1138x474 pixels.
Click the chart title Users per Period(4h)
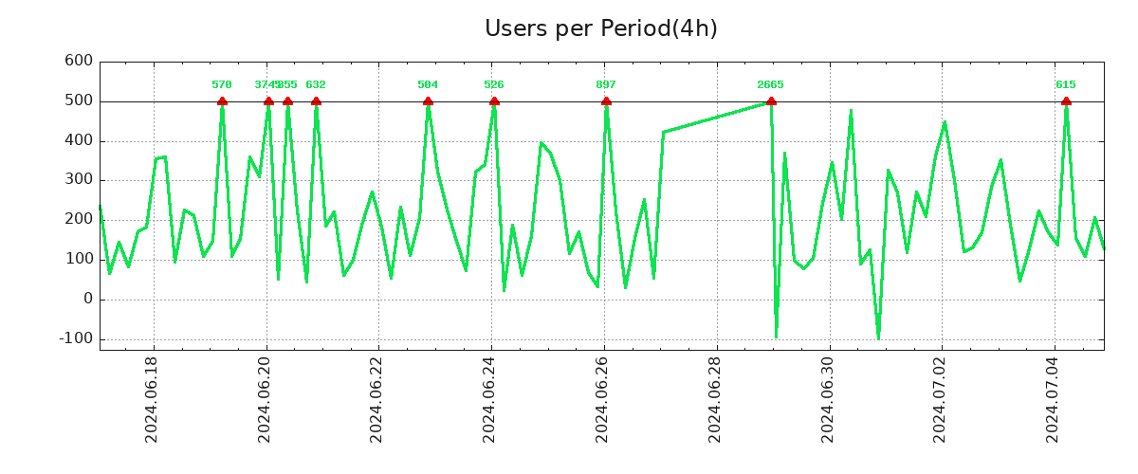[600, 28]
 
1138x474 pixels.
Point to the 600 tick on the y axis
[78, 62]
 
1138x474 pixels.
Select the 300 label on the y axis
[78, 180]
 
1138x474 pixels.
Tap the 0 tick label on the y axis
[87, 299]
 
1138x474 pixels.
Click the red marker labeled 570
[222, 101]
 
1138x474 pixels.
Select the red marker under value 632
[316, 101]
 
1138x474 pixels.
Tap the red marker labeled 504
[428, 101]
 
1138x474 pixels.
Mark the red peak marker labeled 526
[494, 101]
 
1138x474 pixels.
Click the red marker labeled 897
[606, 101]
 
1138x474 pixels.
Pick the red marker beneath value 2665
[771, 101]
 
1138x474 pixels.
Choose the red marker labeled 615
[1066, 101]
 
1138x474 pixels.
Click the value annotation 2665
[770, 85]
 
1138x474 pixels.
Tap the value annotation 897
[606, 85]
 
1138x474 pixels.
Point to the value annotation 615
[1066, 85]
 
